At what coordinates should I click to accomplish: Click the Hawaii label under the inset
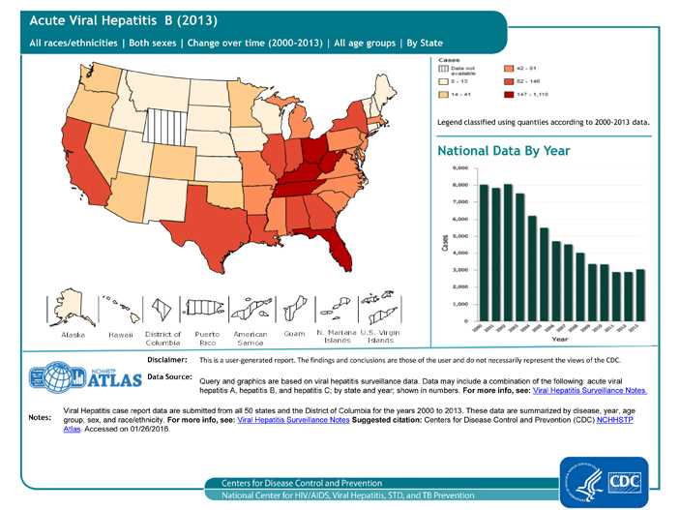coord(120,334)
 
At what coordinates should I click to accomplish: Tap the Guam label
coord(294,334)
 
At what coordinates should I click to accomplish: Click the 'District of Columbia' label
coord(163,338)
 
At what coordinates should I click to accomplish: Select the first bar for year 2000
coord(484,252)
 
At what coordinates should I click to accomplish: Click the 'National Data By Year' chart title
coord(503,151)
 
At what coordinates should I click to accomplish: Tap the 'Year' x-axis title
coord(558,339)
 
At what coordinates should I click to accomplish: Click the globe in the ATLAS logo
coord(51,377)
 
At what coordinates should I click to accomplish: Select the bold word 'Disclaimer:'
coord(166,359)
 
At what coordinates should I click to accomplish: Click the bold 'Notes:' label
coord(40,418)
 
